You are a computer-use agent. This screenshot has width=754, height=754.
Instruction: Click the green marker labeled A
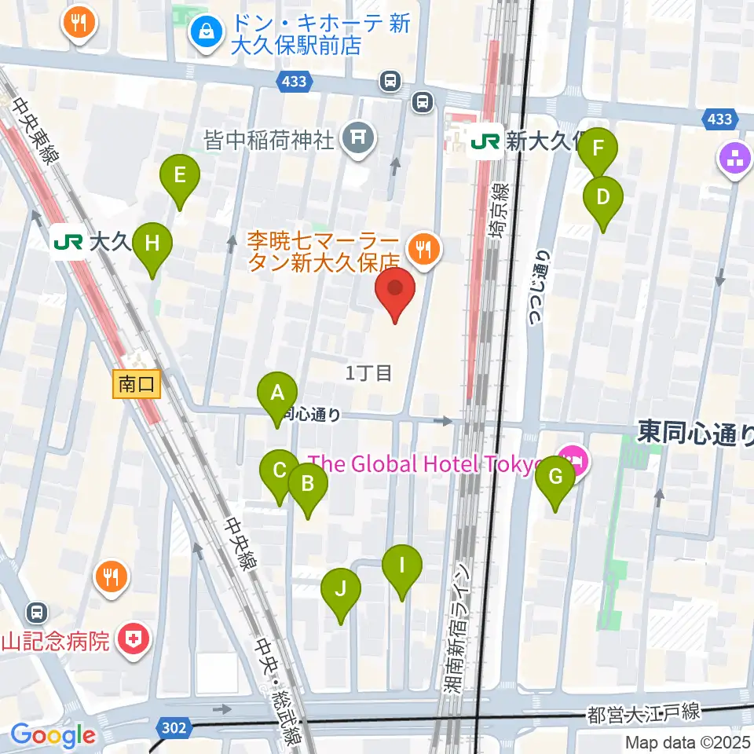[x=277, y=393]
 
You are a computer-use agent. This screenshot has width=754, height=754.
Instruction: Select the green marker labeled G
[x=555, y=477]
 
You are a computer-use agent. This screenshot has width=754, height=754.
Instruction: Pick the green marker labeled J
[x=341, y=589]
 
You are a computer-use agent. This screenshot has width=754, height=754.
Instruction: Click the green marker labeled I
[x=402, y=565]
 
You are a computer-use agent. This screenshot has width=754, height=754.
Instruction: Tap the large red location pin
[x=394, y=289]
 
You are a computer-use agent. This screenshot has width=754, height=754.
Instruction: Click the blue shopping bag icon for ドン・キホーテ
[x=207, y=33]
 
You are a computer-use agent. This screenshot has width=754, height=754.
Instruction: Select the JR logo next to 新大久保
[x=485, y=141]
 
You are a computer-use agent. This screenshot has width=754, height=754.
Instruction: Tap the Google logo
[x=53, y=735]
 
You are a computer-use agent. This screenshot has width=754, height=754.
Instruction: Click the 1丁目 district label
[x=368, y=373]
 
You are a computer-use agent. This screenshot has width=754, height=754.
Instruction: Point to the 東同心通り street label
[x=694, y=432]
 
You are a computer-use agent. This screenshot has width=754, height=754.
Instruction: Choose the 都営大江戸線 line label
[x=643, y=714]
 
